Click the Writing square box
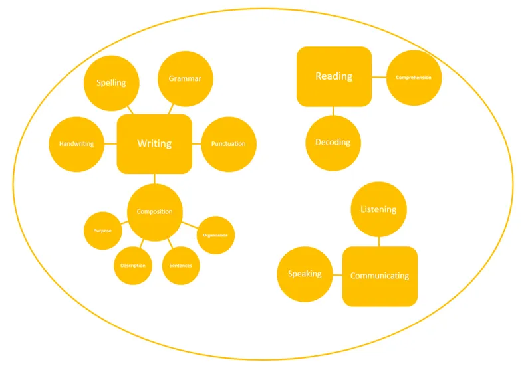[x=154, y=143]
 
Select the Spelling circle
[x=111, y=83]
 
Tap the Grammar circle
[x=185, y=78]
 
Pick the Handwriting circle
[x=76, y=143]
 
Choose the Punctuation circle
[x=228, y=144]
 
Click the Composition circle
[x=154, y=212]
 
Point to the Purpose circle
[x=102, y=231]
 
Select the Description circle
[x=133, y=266]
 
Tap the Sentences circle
[x=181, y=266]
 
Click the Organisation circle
[x=215, y=235]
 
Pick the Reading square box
[x=334, y=76]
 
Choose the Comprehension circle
[x=414, y=78]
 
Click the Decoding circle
[x=332, y=143]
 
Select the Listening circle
[x=378, y=209]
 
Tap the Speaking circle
[x=305, y=274]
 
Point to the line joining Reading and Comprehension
[x=379, y=77]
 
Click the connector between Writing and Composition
[x=154, y=179]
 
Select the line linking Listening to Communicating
[x=379, y=242]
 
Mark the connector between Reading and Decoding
[x=333, y=110]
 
